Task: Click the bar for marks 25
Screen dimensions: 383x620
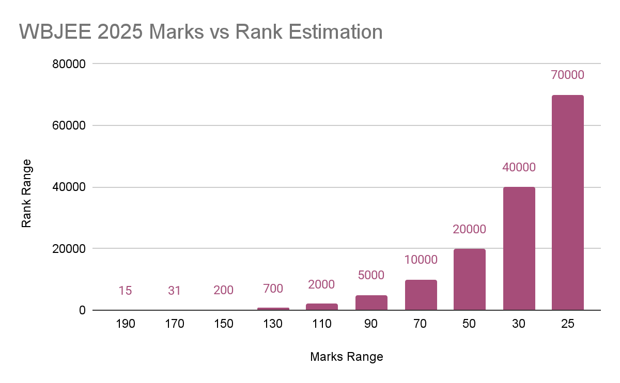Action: click(x=567, y=202)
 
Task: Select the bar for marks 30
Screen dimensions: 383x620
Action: click(x=519, y=248)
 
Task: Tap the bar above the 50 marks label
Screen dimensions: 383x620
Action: click(x=470, y=279)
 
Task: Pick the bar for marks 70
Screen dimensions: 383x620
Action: click(x=421, y=295)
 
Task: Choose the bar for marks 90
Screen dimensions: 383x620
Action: click(x=371, y=302)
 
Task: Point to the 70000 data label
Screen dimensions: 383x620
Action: click(x=567, y=75)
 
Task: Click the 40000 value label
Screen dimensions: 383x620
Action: click(x=519, y=167)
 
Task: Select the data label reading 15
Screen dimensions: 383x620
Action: click(x=126, y=291)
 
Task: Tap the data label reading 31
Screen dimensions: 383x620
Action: click(x=175, y=291)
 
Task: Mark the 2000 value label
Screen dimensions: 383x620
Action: click(x=322, y=284)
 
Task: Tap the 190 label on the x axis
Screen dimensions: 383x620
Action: click(x=126, y=324)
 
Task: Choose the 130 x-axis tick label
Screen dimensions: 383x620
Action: click(x=273, y=324)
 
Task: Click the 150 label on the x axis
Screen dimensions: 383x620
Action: click(x=224, y=324)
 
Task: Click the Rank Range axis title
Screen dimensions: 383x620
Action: click(x=27, y=194)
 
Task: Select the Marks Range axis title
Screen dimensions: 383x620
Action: click(x=347, y=357)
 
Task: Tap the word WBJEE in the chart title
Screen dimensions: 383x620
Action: click(x=51, y=32)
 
